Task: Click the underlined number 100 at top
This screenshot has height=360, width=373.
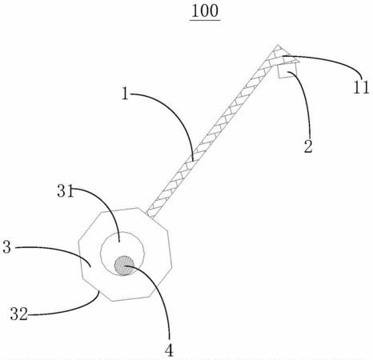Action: click(205, 11)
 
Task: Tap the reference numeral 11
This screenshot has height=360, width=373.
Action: click(361, 87)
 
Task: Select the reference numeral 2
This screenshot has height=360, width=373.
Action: click(308, 146)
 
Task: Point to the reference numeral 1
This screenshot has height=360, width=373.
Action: click(125, 94)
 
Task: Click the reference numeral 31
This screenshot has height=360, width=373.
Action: click(65, 191)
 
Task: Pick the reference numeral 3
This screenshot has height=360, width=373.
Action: click(7, 247)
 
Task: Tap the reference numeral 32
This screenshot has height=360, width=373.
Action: click(19, 314)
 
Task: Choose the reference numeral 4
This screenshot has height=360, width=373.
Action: click(169, 350)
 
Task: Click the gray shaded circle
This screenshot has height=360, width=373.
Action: click(124, 266)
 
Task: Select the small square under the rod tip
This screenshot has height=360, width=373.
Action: click(287, 71)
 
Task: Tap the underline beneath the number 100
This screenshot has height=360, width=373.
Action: click(205, 20)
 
